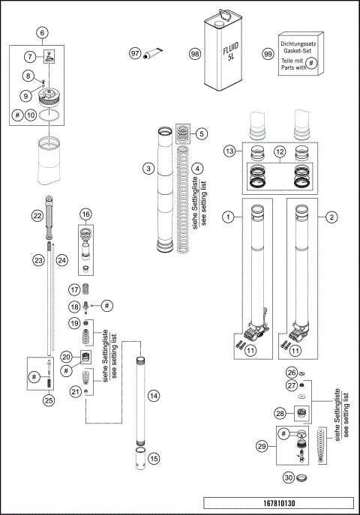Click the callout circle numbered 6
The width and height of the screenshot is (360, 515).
pos(42,33)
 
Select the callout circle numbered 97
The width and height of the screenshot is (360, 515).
pos(135,54)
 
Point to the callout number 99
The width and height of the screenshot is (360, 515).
pos(267,53)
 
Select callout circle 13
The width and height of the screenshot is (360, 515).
pos(229,151)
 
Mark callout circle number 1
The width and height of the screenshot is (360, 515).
pos(225,217)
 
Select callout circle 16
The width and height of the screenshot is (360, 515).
pos(86,214)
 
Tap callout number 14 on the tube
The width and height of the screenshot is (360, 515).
pos(153,394)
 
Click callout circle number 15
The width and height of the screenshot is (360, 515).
pos(153,457)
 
